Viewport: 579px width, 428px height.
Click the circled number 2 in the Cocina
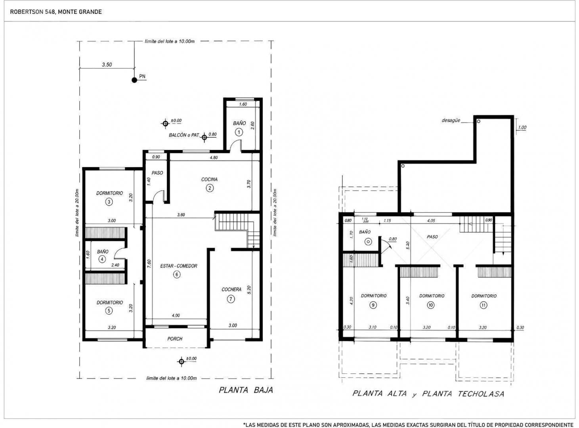click(209, 188)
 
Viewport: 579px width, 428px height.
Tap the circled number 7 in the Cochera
click(231, 299)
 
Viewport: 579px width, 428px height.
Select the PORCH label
click(175, 339)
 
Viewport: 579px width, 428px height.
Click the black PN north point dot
click(134, 80)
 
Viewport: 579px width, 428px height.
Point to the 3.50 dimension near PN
click(107, 65)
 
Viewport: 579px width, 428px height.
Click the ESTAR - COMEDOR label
click(179, 266)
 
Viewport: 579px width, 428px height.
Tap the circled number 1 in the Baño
click(239, 132)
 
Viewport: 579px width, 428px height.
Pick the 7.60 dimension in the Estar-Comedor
click(149, 264)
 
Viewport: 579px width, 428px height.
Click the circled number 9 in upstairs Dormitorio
click(373, 305)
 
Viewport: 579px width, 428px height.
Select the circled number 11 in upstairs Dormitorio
click(484, 305)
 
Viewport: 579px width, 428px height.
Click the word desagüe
click(451, 120)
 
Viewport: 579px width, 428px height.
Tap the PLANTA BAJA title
click(246, 390)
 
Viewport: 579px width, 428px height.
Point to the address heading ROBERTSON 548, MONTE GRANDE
click(56, 12)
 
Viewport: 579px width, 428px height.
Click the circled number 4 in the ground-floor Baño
click(102, 259)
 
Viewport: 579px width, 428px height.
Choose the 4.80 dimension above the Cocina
click(214, 157)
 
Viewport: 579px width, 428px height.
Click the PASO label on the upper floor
click(432, 237)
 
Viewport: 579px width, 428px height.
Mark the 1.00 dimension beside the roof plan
click(522, 128)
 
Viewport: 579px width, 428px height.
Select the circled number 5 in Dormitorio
click(109, 310)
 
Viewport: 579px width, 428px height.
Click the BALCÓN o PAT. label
click(184, 135)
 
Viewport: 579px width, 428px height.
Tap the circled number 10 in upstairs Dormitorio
click(431, 305)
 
